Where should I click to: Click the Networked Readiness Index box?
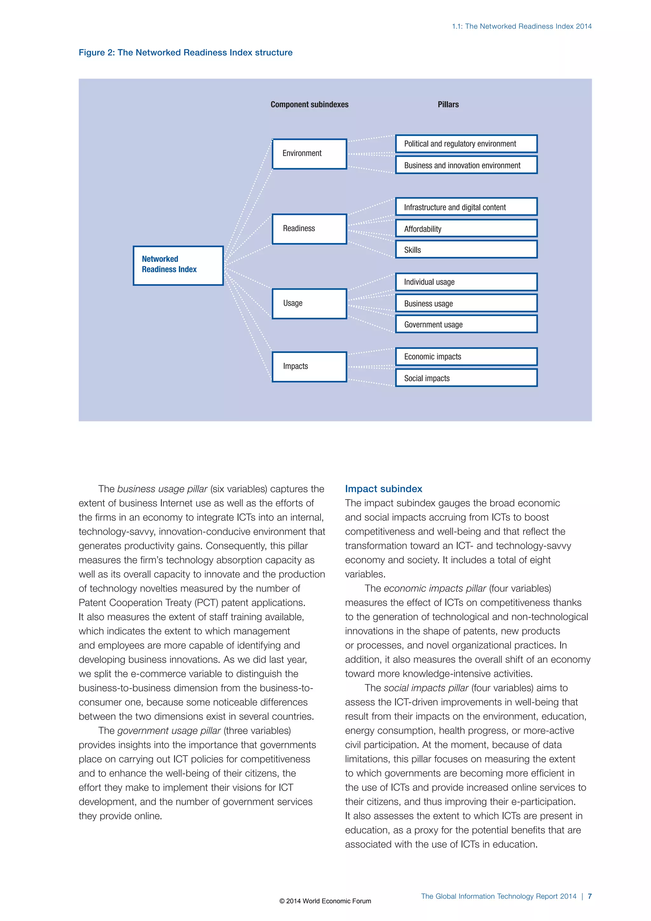[x=178, y=266]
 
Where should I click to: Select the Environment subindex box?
[x=309, y=154]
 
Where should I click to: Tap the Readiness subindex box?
[x=309, y=229]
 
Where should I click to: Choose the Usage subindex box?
[x=309, y=304]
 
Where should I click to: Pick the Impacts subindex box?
[x=309, y=367]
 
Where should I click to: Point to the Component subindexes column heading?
[x=310, y=104]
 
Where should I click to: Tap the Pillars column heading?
[x=448, y=104]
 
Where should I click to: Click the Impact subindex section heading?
[x=383, y=488]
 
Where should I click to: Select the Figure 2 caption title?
[x=185, y=52]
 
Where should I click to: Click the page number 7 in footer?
[x=589, y=896]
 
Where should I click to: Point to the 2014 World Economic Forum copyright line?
[x=325, y=901]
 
